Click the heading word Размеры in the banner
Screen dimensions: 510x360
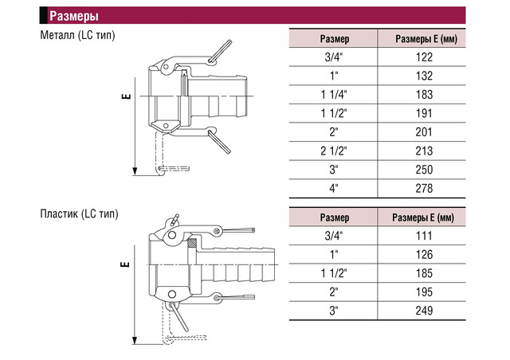click(x=74, y=16)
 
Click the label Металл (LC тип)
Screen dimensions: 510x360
click(x=78, y=35)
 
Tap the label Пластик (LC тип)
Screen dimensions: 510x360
click(x=80, y=214)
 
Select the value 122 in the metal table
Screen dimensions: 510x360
click(x=424, y=57)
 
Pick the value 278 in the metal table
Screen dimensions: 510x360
click(x=424, y=189)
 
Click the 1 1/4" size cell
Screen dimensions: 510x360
click(x=334, y=95)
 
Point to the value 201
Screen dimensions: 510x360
click(x=424, y=132)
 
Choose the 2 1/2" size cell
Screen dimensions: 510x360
click(x=334, y=151)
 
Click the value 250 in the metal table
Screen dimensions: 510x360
click(x=424, y=170)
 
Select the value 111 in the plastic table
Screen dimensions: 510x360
click(x=424, y=236)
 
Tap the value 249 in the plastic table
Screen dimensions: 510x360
click(x=424, y=311)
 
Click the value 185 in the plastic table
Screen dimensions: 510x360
click(x=424, y=273)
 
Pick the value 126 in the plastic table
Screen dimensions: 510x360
click(x=424, y=255)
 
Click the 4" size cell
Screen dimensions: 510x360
click(x=334, y=189)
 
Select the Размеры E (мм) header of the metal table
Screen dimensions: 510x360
click(x=426, y=39)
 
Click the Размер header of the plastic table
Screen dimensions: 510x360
click(x=335, y=217)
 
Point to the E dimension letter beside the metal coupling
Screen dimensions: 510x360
click(x=127, y=96)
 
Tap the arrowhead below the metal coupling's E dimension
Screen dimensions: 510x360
click(x=135, y=171)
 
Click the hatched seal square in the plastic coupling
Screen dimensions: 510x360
click(x=192, y=243)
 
